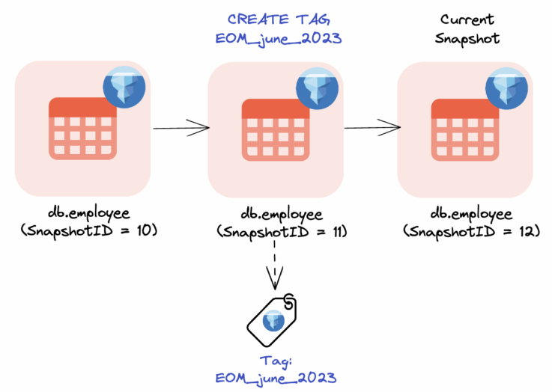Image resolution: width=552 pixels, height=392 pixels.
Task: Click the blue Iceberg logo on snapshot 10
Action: [124, 87]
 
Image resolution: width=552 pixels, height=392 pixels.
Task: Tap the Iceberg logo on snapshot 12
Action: [507, 87]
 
